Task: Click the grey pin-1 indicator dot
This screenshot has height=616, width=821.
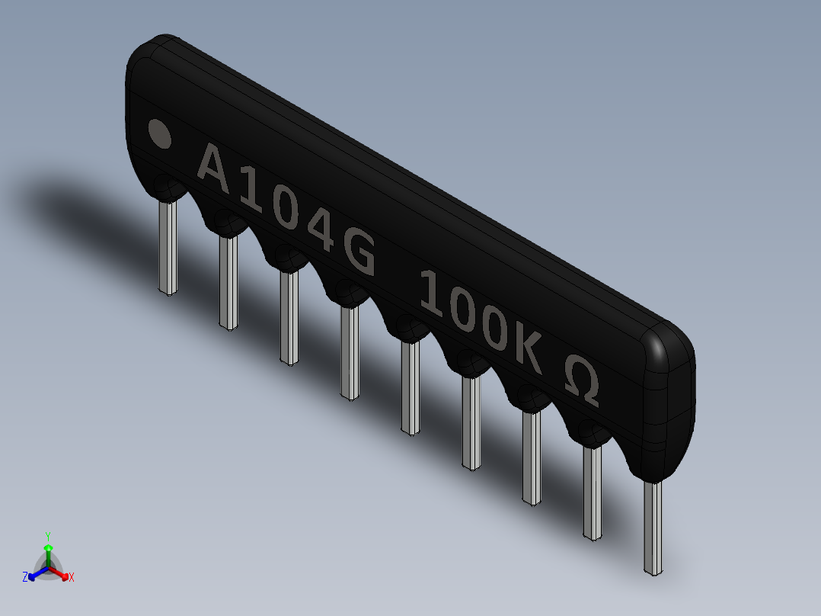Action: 160,133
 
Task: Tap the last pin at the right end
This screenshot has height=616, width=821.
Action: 653,526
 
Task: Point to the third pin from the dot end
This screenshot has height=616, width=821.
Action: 289,316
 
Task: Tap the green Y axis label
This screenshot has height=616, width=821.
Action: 48,536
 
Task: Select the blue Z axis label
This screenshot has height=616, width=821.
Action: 25,577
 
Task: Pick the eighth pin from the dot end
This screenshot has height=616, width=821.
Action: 593,491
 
